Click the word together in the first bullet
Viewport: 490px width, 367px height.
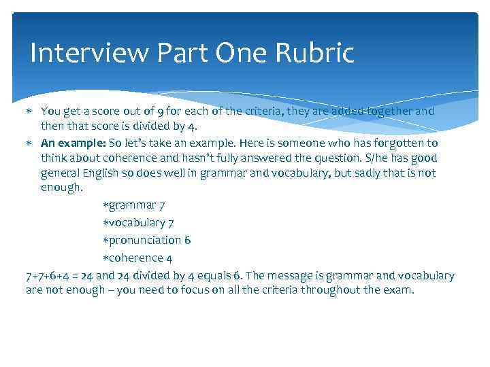375,111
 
